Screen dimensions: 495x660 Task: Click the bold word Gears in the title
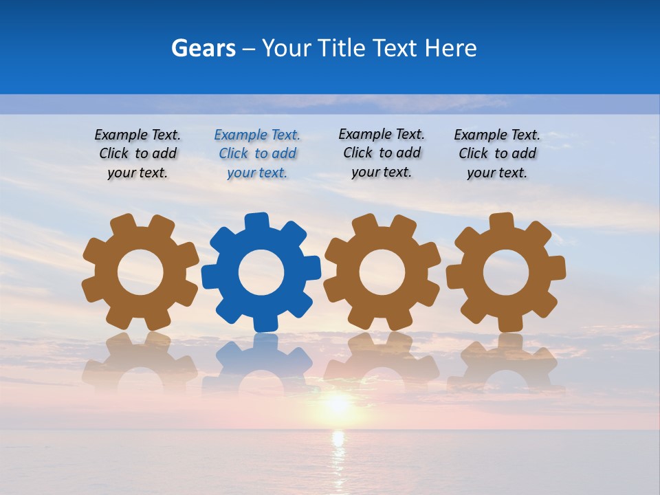(x=203, y=48)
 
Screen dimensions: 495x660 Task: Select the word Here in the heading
(x=450, y=48)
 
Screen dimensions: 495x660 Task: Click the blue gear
(x=261, y=272)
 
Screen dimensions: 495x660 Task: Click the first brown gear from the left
(x=140, y=272)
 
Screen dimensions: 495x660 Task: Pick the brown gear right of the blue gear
(x=382, y=272)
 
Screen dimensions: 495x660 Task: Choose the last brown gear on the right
(x=506, y=272)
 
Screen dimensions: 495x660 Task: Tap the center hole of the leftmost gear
(x=140, y=273)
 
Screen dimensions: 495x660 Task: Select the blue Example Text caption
(x=257, y=153)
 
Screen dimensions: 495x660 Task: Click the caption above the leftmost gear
(x=137, y=153)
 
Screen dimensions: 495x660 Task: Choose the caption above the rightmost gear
(x=497, y=153)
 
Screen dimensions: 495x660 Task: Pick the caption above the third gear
(x=382, y=153)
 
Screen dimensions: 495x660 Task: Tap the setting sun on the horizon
(x=337, y=404)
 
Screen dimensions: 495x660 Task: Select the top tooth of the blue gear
(x=256, y=221)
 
